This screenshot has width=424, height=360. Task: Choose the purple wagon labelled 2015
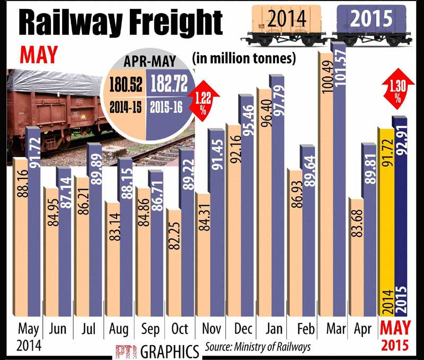tap(371, 21)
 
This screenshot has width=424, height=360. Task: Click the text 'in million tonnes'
tap(244, 58)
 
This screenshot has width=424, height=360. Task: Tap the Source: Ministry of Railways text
tap(257, 348)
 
